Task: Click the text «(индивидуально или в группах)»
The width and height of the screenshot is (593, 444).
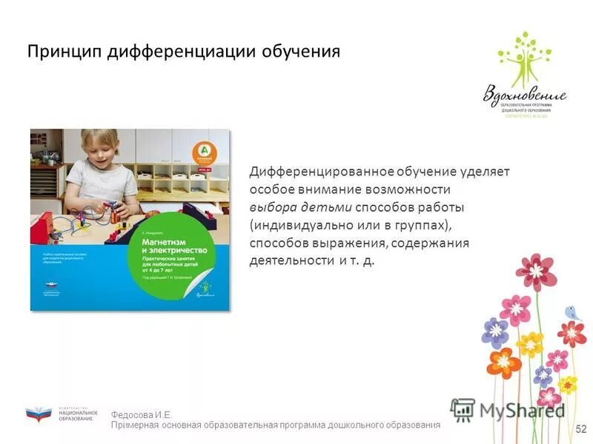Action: pos(349,224)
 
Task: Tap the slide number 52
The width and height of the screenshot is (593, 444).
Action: pos(580,428)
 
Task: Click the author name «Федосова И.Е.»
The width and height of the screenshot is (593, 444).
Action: pos(142,415)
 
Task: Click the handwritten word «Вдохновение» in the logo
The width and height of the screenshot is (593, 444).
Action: pos(525,94)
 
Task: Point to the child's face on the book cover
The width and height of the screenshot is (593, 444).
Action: pos(103,152)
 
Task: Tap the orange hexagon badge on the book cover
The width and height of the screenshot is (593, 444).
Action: pos(202,151)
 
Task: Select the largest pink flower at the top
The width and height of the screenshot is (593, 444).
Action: pos(536,272)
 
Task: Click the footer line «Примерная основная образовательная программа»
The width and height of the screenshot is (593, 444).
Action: pos(275,425)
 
